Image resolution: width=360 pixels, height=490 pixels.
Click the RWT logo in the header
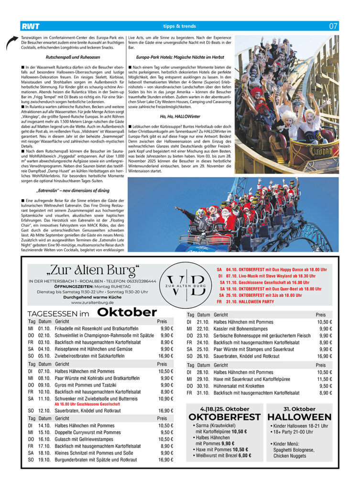[30, 26]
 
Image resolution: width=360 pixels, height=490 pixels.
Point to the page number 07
[333, 26]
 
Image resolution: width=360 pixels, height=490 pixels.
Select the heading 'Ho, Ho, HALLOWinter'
[179, 116]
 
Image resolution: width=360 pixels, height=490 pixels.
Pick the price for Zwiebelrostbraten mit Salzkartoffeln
[165, 356]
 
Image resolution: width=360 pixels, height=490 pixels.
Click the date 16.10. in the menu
[44, 439]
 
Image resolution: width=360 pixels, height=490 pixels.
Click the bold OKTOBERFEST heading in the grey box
[224, 417]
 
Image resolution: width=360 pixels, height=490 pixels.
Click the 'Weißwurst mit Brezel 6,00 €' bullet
[222, 455]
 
